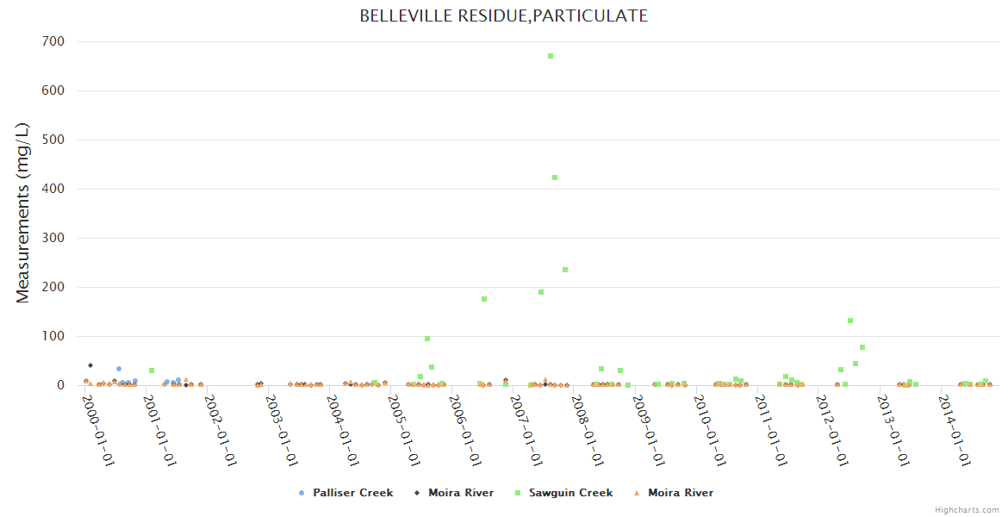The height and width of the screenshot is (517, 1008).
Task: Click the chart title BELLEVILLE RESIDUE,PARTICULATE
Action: pos(503,16)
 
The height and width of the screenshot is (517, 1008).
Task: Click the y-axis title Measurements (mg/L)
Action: pos(23,213)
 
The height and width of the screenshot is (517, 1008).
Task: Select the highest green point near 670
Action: pos(551,56)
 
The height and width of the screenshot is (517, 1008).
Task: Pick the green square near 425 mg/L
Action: pos(555,178)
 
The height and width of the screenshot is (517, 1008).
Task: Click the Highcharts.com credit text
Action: pos(967,510)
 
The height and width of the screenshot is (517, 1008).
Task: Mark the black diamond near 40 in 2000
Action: pos(90,365)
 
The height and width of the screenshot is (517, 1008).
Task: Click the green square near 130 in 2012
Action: pos(850,321)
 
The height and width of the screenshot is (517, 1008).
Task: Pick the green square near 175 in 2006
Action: pos(484,299)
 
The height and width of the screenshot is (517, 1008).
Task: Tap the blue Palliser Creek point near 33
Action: pos(119,369)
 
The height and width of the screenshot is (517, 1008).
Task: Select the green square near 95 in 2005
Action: pos(427,339)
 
